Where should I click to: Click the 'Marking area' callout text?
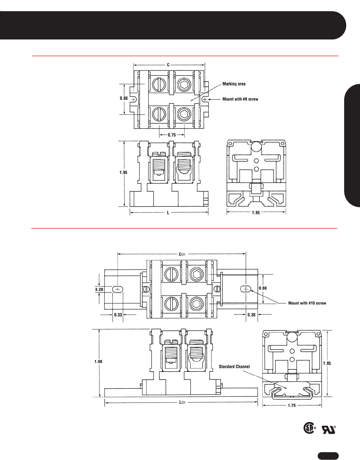(x=234, y=84)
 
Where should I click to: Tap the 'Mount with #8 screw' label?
(x=240, y=99)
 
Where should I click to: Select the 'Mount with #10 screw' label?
(x=307, y=303)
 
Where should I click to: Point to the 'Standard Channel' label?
(x=234, y=366)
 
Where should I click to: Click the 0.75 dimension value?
(x=172, y=135)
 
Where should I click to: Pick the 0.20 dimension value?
(x=99, y=289)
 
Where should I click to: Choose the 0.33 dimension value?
(x=118, y=315)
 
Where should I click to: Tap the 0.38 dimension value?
(x=251, y=315)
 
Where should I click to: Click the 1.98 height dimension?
(x=98, y=362)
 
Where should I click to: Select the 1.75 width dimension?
(x=292, y=405)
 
